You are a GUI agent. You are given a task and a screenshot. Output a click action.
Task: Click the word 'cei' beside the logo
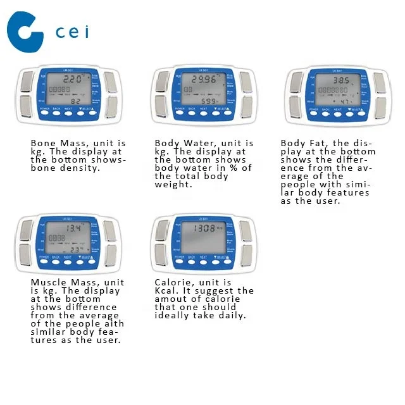[x=72, y=32]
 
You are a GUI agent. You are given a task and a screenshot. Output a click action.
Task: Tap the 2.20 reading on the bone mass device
[x=72, y=80]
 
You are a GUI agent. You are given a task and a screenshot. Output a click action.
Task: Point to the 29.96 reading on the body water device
[x=204, y=80]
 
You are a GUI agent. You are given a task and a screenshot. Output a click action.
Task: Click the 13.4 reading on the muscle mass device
[x=73, y=228]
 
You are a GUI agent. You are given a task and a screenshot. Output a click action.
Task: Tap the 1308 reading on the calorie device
[x=204, y=228]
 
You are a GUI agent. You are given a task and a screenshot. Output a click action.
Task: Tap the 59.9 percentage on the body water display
[x=208, y=101]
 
